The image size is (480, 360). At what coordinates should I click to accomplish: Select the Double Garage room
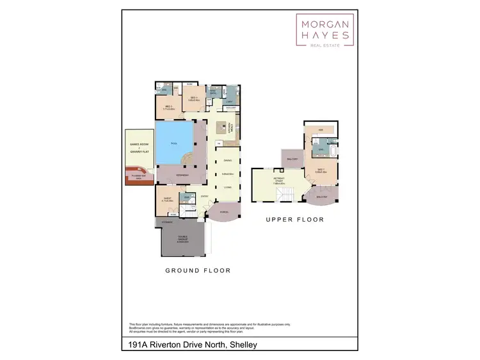coord(182,240)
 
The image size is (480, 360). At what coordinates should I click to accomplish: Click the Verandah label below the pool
coord(182,174)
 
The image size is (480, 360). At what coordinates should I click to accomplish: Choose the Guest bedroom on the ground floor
coord(168,199)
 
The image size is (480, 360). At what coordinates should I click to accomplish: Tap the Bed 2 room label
coord(169,108)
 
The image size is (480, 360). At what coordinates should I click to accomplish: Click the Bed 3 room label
coord(195,99)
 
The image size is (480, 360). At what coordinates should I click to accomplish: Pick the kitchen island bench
coord(222,126)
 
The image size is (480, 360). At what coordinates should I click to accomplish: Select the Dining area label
coord(227,161)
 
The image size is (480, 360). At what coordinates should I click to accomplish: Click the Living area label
coord(227,186)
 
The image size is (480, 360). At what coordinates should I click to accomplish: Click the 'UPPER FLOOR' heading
coord(295,220)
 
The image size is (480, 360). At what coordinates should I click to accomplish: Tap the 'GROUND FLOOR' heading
coord(198,270)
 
